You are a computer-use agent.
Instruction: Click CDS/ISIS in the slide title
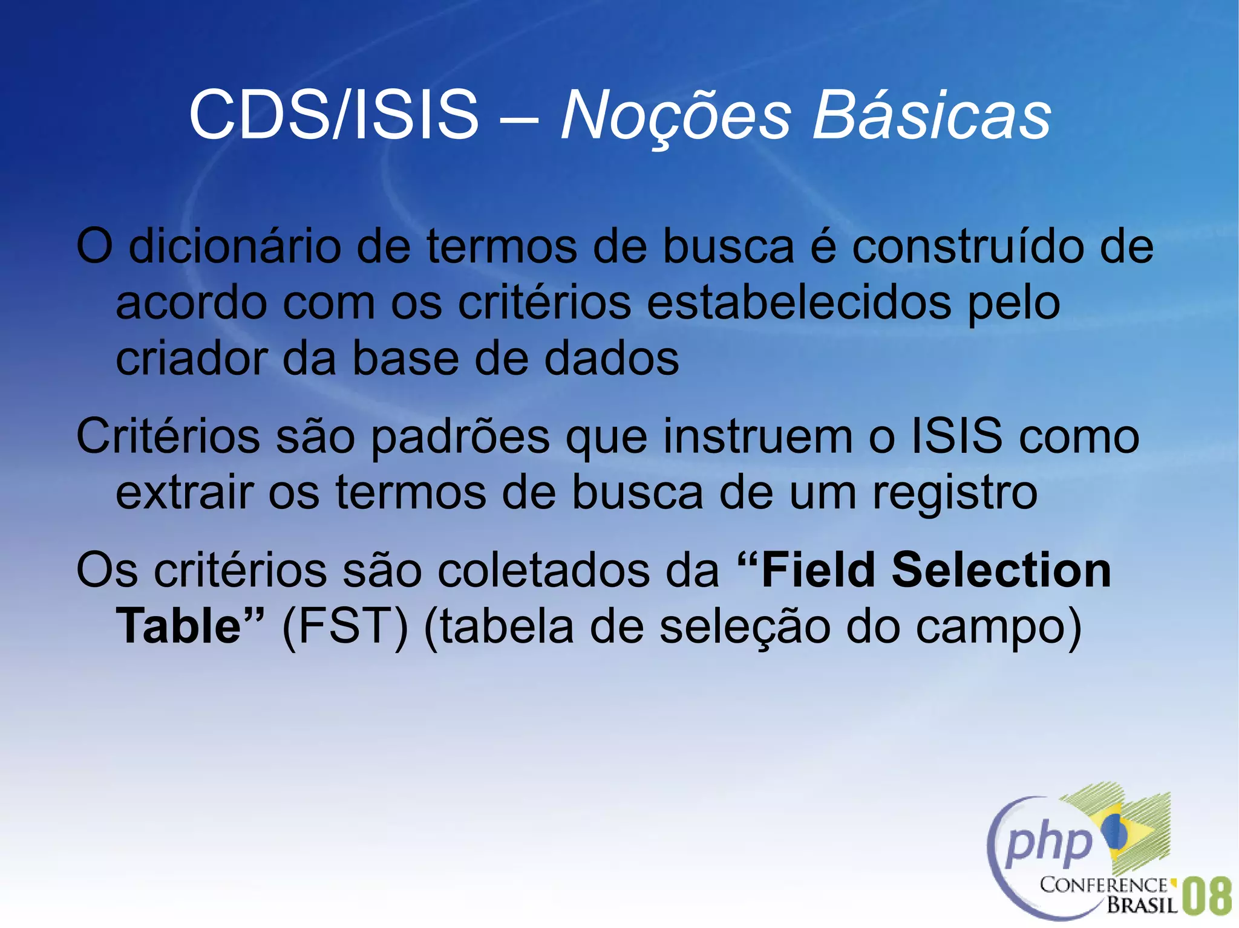333,115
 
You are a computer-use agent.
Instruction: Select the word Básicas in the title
931,115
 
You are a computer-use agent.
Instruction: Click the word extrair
184,493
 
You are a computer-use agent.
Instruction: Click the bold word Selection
1001,570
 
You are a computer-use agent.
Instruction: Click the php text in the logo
1050,842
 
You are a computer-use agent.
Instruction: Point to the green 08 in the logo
1206,896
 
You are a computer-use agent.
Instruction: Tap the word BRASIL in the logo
1142,905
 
